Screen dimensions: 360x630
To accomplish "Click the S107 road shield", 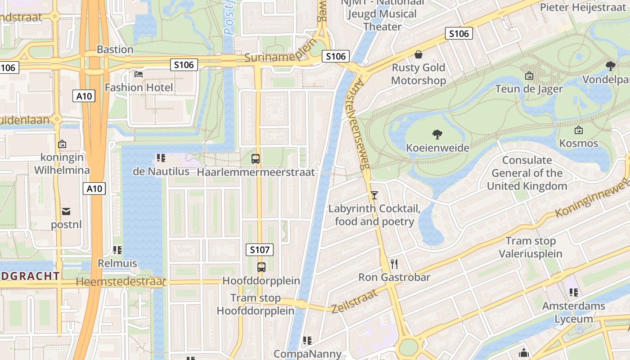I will click(260, 250).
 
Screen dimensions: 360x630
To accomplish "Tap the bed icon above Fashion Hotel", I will click(139, 74).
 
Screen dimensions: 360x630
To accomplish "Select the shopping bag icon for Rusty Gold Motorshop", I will click(418, 54).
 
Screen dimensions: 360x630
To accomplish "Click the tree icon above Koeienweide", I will click(437, 134).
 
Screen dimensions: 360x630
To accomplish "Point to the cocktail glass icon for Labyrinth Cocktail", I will click(374, 195).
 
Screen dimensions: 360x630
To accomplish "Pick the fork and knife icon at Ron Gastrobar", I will click(395, 264).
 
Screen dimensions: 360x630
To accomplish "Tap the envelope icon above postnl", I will click(66, 211).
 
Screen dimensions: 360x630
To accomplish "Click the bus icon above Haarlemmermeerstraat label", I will click(256, 158).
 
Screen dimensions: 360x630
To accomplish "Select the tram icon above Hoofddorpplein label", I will click(261, 267).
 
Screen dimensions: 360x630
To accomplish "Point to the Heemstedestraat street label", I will click(121, 282).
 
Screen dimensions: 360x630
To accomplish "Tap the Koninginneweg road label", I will click(592, 198).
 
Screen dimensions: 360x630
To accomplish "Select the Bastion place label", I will click(115, 49).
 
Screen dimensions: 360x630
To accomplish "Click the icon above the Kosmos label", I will click(579, 130).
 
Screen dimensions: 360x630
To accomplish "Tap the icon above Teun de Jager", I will click(529, 76).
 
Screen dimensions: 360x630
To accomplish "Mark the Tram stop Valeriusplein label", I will click(531, 247).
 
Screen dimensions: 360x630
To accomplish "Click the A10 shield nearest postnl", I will click(94, 189).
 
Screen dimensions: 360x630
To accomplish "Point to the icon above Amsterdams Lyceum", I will click(573, 292).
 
